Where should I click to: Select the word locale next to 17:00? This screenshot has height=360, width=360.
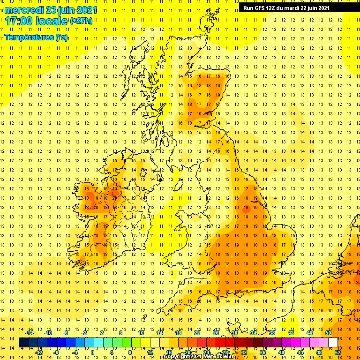(x=52, y=21)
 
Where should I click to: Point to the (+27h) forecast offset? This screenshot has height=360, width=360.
(x=81, y=21)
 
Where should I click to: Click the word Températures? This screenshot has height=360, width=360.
(x=29, y=37)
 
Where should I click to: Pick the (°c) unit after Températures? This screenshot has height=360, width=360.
(x=61, y=37)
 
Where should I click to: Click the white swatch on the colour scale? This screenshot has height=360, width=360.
(x=333, y=343)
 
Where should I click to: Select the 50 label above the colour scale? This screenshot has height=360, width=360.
(x=328, y=333)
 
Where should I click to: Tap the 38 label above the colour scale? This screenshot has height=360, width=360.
(x=272, y=333)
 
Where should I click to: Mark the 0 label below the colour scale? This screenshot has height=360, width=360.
(x=92, y=352)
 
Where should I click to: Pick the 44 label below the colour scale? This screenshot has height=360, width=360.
(x=300, y=352)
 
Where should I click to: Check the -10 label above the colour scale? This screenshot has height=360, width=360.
(x=47, y=333)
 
